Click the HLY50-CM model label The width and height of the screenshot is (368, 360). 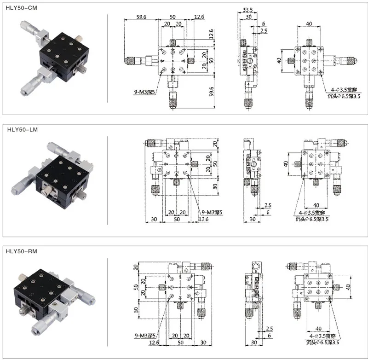[x=21, y=8]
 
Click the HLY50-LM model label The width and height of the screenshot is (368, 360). [x=23, y=130]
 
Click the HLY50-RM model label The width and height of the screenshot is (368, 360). [x=21, y=251]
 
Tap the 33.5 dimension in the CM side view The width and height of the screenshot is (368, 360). [x=247, y=10]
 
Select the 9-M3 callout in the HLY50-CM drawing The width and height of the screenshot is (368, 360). [x=144, y=92]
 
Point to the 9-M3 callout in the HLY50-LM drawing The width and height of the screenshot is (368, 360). [x=212, y=212]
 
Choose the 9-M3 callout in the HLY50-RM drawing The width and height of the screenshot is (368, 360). [x=145, y=336]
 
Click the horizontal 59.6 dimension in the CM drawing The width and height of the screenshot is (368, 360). [x=141, y=17]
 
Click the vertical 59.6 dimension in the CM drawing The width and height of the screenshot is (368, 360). [x=212, y=92]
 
